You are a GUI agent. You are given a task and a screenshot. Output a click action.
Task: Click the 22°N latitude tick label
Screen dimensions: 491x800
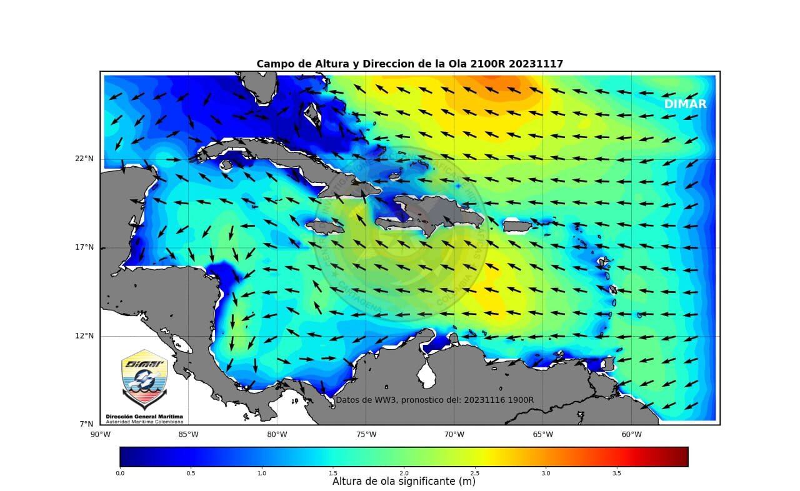point(85,159)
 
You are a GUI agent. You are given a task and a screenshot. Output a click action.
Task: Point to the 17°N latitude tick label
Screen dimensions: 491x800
point(85,247)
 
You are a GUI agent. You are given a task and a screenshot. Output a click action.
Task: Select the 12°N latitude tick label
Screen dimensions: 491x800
point(85,336)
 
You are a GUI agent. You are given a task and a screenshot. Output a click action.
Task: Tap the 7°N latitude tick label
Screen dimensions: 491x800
point(87,424)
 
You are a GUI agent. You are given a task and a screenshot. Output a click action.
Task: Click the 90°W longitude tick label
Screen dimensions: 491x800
point(100,434)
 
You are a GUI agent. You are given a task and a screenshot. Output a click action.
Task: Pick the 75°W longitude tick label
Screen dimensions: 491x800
point(366,434)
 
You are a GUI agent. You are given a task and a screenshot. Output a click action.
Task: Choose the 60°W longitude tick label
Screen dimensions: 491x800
point(631,434)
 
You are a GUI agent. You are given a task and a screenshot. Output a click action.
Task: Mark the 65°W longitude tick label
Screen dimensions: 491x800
point(542,434)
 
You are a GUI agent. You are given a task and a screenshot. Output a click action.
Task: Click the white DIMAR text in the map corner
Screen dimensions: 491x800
point(685,104)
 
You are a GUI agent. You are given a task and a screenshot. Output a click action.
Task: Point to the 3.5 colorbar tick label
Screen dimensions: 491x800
point(617,473)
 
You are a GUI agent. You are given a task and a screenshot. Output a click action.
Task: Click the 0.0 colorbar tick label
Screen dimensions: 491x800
point(120,473)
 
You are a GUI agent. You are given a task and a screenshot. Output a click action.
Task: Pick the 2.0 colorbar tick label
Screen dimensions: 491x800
point(404,473)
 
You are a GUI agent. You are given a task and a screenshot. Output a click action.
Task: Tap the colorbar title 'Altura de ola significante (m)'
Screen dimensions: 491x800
point(404,482)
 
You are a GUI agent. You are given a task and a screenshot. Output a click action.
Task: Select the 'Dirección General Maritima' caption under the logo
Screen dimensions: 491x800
point(144,416)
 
